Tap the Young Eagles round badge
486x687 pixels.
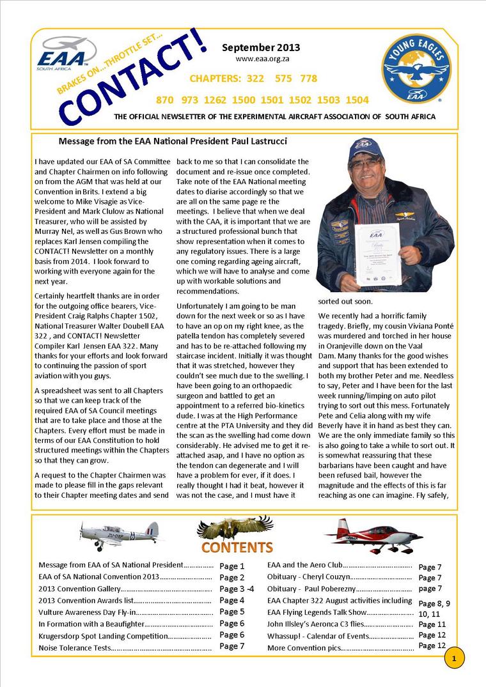pos(416,70)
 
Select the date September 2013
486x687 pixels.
pos(260,47)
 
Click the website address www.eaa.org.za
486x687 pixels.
pos(260,59)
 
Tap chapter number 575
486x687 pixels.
pos(283,79)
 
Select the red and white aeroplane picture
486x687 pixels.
pos(373,534)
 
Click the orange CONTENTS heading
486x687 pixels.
pos(237,548)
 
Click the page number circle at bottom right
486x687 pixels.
pos(454,658)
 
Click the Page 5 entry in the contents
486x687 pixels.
pos(231,612)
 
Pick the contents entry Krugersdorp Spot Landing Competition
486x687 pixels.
pos(102,636)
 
